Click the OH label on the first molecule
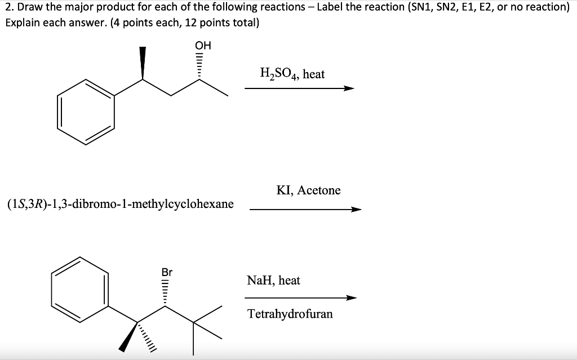tap(202, 46)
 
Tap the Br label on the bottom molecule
tap(167, 272)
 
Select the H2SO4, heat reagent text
tap(292, 73)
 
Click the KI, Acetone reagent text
tap(308, 190)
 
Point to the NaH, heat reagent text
tap(273, 280)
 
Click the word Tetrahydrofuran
tap(290, 314)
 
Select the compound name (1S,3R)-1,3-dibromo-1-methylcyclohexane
tap(121, 203)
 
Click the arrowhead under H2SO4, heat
tap(349, 88)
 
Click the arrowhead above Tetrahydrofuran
tap(351, 298)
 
